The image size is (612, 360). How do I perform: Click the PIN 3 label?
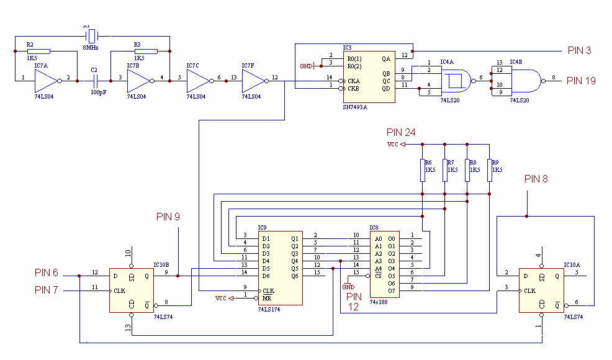[x=579, y=50]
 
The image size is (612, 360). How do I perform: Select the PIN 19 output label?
[x=582, y=80]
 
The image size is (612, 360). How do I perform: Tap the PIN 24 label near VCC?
[x=401, y=132]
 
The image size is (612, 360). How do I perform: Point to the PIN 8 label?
[x=536, y=179]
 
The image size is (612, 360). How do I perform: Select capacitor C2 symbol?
[x=95, y=81]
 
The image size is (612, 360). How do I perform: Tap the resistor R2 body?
[x=38, y=51]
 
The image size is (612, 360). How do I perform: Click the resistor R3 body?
[x=145, y=51]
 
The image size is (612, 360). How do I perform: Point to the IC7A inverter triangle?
[x=47, y=81]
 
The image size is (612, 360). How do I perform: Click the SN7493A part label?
[x=355, y=107]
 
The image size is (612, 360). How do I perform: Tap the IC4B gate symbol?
[x=525, y=80]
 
